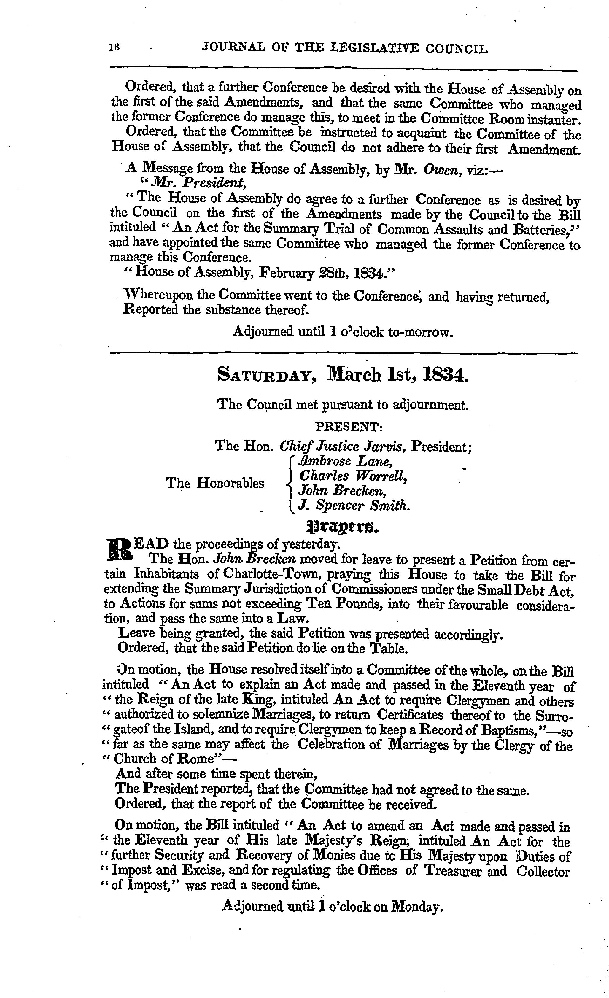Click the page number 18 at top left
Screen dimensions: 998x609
pos(114,48)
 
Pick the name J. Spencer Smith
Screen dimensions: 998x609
pos(354,506)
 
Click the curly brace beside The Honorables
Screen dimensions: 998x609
pos(289,483)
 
